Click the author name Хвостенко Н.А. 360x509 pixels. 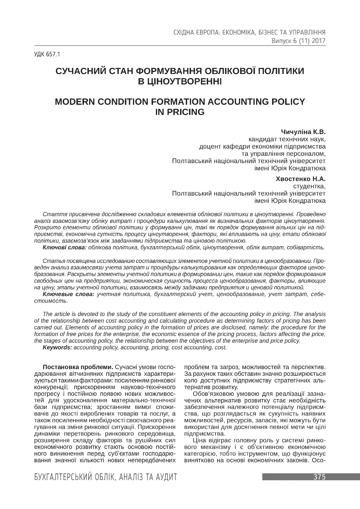[300, 179]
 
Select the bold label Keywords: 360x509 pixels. [57, 347]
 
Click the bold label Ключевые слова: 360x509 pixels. [69, 294]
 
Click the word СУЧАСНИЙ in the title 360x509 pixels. [80, 71]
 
